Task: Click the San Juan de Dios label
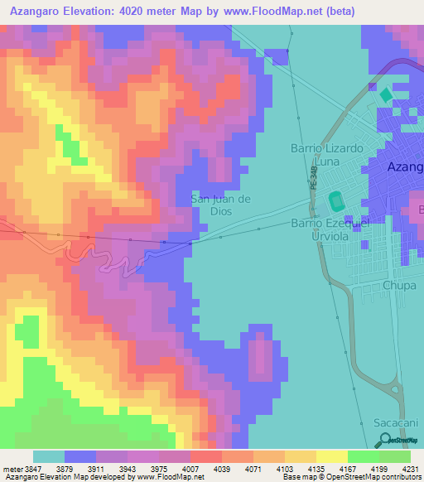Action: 220,205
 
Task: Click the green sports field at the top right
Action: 385,95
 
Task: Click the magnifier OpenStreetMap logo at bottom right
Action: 386,441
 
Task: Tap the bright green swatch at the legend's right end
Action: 395,457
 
